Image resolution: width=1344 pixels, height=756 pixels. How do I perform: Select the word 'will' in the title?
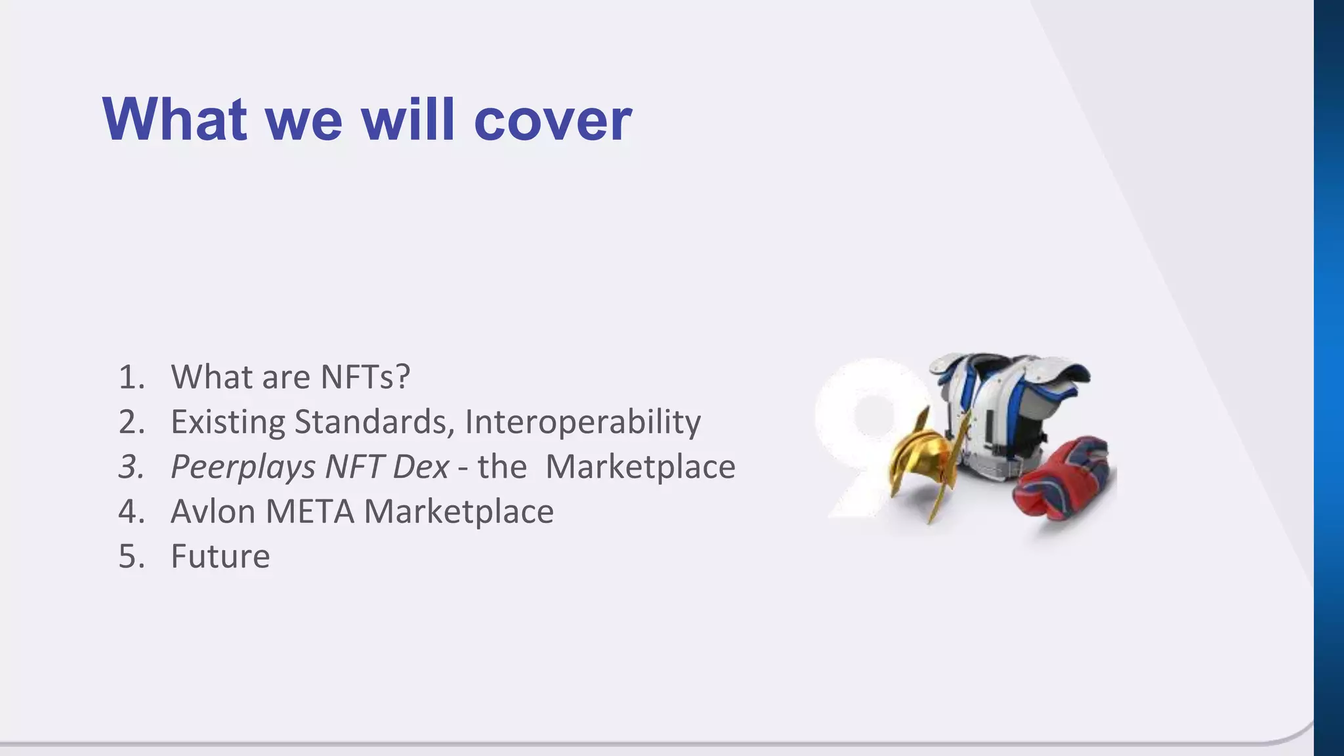(x=408, y=119)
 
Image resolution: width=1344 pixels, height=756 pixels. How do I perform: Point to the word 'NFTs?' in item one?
(x=365, y=377)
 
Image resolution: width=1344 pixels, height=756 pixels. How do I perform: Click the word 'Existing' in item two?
(x=227, y=422)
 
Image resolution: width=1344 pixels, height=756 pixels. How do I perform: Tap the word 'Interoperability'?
(x=583, y=422)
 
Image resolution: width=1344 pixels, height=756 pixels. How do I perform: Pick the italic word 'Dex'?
(x=420, y=467)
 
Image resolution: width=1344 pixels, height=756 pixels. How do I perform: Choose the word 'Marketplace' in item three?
(x=640, y=467)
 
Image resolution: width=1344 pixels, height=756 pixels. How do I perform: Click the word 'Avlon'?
(x=213, y=512)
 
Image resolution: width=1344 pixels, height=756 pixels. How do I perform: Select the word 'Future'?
(x=220, y=556)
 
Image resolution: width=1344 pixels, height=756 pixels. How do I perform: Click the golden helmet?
(x=922, y=459)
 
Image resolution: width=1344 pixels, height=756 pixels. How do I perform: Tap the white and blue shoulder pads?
(x=1011, y=407)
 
